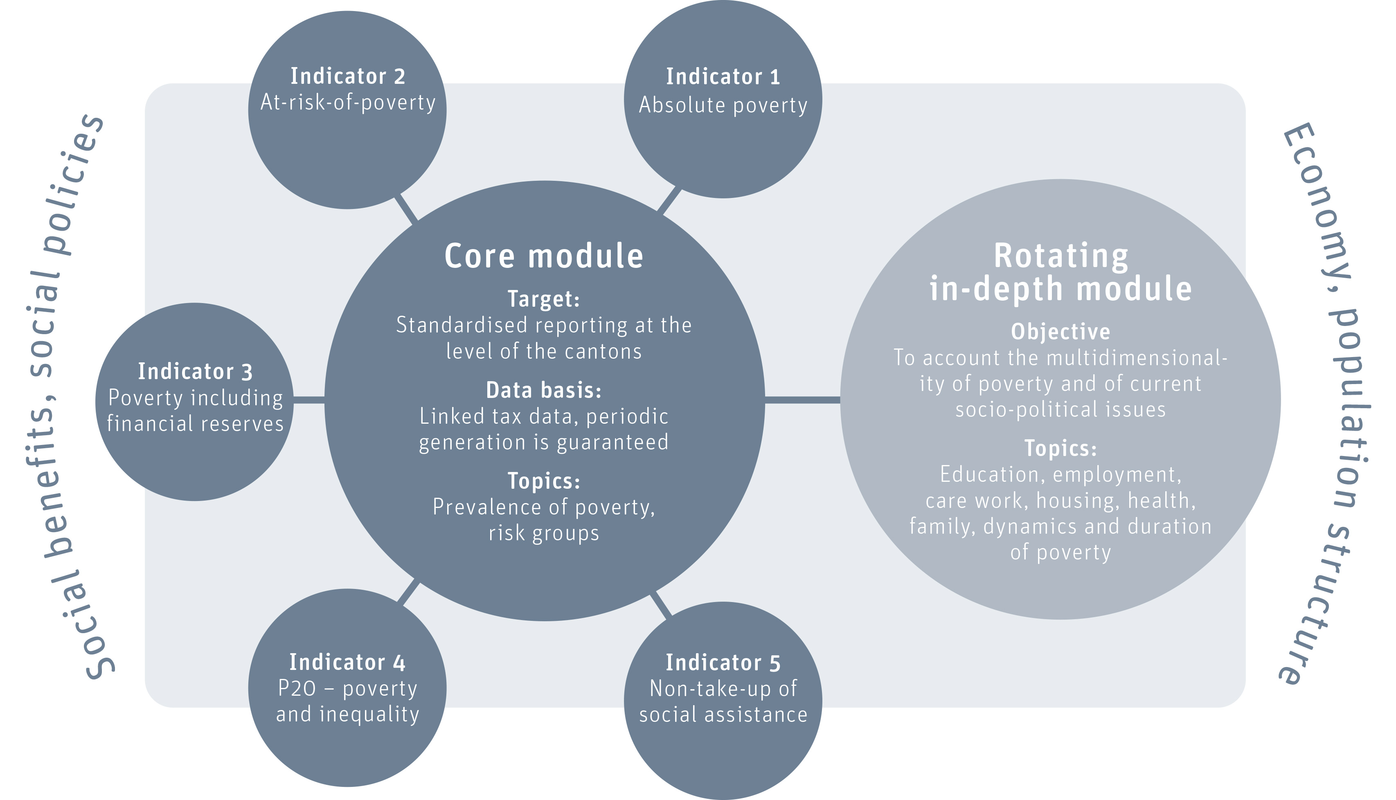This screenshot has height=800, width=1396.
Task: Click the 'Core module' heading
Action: coord(544,256)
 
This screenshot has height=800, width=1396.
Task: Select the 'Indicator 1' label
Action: coord(723,77)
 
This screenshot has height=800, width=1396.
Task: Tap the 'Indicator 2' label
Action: coord(347,76)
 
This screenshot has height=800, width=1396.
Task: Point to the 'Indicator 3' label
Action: coord(195,372)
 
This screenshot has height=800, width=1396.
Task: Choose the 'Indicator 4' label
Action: coord(347,663)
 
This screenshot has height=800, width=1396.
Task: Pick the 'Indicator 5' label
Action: coord(723,663)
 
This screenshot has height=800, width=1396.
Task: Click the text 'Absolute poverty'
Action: coord(723,106)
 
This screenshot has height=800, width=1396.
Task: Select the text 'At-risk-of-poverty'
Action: coord(347,103)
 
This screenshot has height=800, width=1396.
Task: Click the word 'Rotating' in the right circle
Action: coord(1061,256)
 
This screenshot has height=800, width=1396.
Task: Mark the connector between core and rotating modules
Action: coord(802,400)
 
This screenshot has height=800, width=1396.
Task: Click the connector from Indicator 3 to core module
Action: coord(309,400)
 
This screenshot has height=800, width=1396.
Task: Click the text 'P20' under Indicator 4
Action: coord(297,688)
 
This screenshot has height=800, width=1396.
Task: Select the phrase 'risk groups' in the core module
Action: coord(544,533)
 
